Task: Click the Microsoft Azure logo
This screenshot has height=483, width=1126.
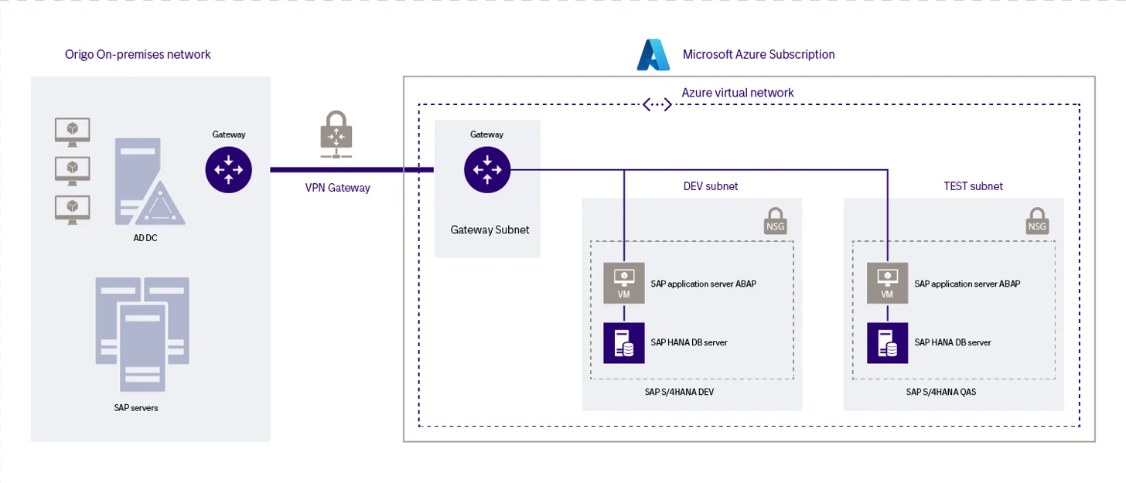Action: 653,55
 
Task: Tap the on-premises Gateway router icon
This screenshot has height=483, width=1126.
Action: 229,169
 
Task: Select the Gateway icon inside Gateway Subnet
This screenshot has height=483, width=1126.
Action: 487,169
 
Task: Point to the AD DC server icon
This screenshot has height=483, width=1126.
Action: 149,184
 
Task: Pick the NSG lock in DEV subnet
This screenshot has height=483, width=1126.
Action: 776,220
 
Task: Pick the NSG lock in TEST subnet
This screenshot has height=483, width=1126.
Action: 1037,220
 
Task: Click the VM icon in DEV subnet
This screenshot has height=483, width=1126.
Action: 624,282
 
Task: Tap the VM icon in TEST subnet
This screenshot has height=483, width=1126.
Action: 887,282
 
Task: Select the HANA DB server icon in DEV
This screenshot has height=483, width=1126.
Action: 624,342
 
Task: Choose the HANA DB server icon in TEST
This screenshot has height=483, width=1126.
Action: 887,342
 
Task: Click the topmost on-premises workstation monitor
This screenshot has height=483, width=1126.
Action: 72,131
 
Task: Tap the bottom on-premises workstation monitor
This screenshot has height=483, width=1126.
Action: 72,209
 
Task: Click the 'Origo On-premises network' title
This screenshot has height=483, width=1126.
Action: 138,55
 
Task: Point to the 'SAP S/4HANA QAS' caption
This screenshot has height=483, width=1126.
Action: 952,392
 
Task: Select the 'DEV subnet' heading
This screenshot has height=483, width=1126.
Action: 711,186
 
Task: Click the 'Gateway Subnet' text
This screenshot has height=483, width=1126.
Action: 490,230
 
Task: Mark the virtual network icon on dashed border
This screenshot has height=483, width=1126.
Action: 657,104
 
